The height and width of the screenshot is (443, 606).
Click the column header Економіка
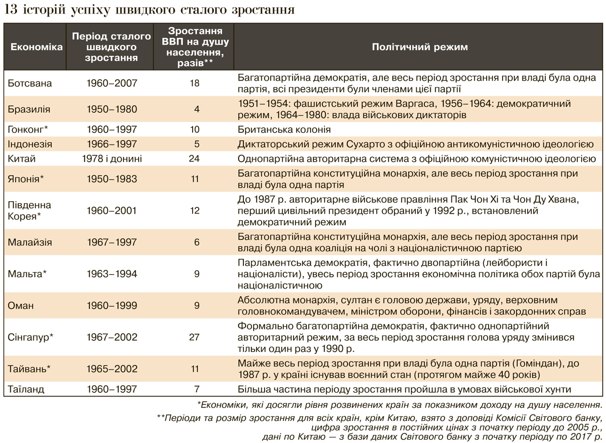tap(36, 47)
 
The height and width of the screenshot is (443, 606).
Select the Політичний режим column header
tap(420, 47)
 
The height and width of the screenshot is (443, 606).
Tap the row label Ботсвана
tap(30, 84)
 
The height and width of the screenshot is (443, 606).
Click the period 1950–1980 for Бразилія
tap(112, 109)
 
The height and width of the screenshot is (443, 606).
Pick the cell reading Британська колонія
tap(284, 130)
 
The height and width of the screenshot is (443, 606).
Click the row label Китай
tap(22, 159)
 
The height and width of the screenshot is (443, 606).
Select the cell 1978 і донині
tap(112, 159)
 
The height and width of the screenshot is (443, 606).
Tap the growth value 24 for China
tap(194, 159)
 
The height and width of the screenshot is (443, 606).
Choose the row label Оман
tap(21, 306)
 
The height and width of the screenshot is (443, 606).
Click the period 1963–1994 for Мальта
tap(112, 274)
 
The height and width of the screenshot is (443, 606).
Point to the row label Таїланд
tap(26, 389)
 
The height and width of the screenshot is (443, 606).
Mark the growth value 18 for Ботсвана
tap(194, 84)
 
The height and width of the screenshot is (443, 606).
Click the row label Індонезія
tap(30, 144)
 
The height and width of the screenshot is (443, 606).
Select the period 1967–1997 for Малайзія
tap(112, 242)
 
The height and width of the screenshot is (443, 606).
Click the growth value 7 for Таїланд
tap(197, 389)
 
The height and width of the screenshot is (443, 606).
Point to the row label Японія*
tap(26, 179)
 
